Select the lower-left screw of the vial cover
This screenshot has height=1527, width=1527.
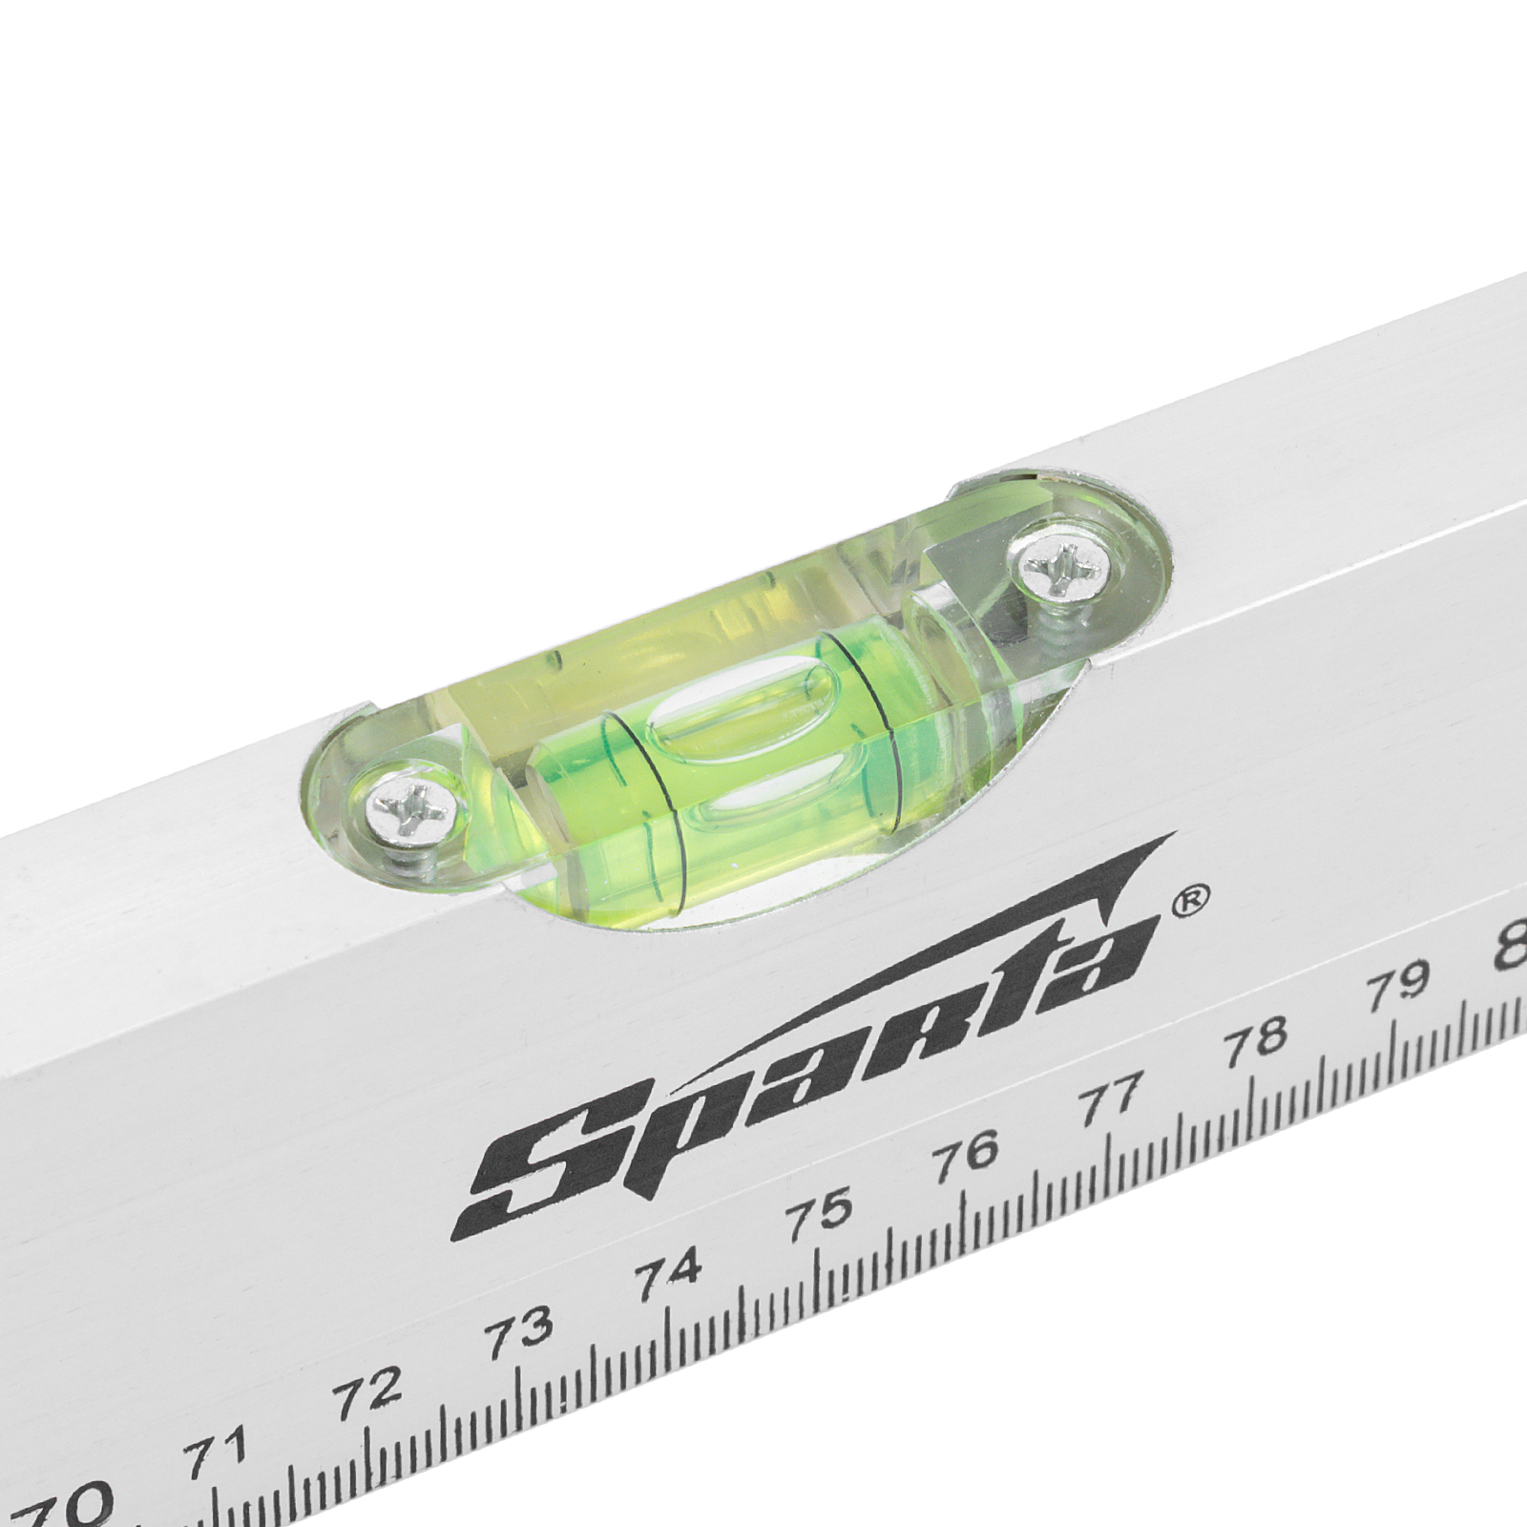pos(408,814)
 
